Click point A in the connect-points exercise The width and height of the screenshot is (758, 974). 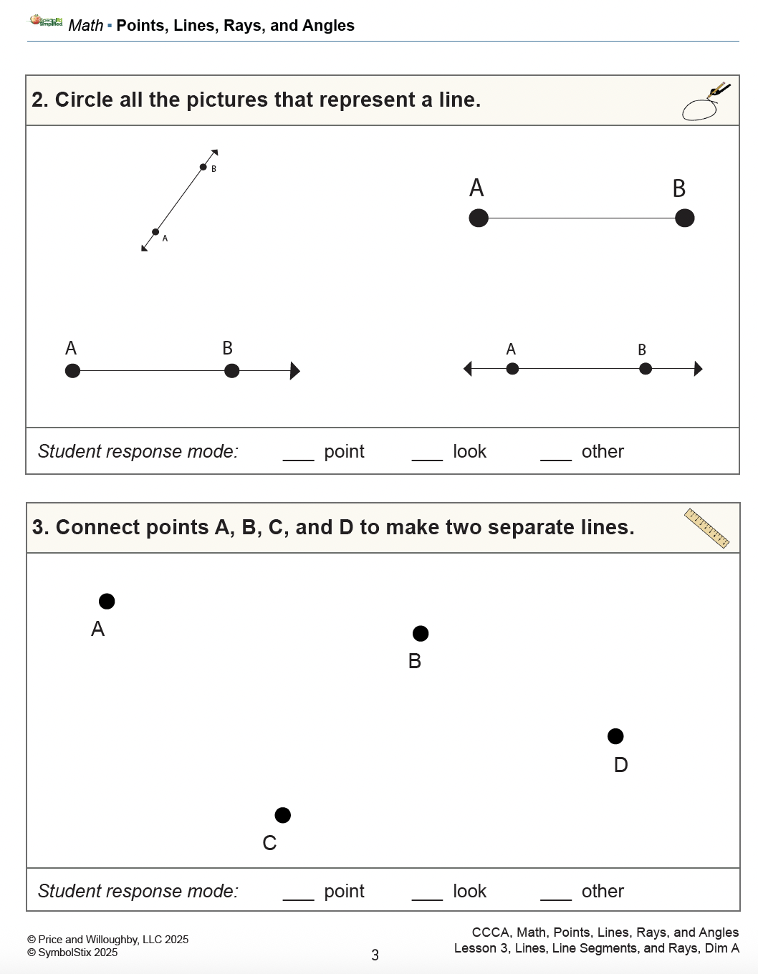pos(107,602)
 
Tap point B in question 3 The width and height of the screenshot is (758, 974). pos(421,634)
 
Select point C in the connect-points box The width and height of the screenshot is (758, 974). pos(283,815)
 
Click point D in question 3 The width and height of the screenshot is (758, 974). pos(615,736)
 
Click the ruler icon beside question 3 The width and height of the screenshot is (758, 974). pos(706,528)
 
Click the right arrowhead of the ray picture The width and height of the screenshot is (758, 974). pos(294,371)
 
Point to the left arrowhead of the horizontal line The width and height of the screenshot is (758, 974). pos(468,369)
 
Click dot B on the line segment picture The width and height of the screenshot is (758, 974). pos(684,218)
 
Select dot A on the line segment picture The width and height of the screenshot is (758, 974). pos(479,218)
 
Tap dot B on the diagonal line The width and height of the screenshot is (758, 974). pos(203,168)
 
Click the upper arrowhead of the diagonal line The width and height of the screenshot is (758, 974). pos(214,153)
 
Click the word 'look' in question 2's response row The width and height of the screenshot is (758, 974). pos(469,451)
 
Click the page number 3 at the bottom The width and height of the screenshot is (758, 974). pos(375,955)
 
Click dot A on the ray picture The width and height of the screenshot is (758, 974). pos(72,371)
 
